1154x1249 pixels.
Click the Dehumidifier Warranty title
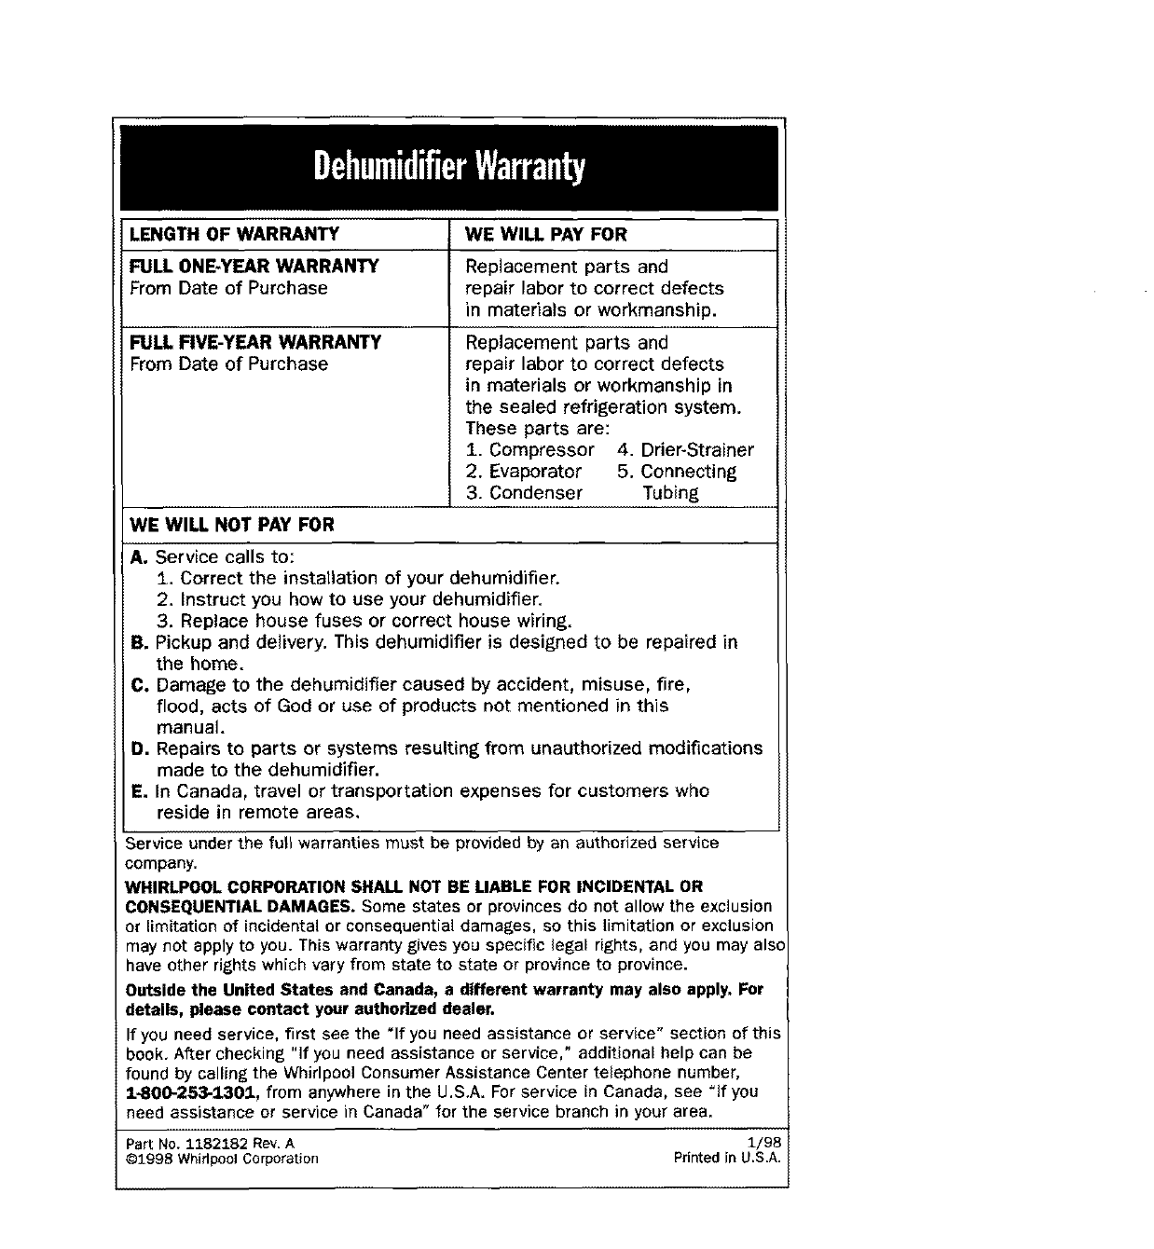pos(449,168)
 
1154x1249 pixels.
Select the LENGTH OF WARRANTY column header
pos(234,234)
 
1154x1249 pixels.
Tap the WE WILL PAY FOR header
pos(546,234)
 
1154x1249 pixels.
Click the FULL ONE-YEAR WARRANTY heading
pos(254,267)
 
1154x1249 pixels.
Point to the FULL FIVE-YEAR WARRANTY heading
pos(255,342)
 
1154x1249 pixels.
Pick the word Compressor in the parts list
pos(542,450)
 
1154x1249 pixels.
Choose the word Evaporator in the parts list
pos(535,472)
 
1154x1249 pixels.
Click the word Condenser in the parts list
pos(536,493)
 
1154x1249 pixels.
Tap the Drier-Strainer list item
pos(697,450)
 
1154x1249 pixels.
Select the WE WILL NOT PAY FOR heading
pos(232,525)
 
